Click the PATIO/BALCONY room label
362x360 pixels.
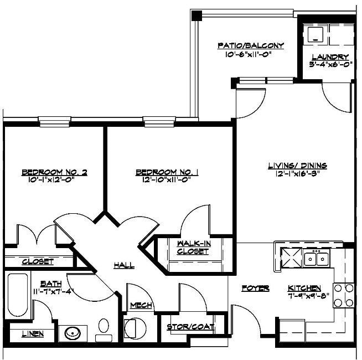tap(251, 45)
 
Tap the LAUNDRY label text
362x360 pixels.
tap(330, 56)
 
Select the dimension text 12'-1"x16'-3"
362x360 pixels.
tap(297, 173)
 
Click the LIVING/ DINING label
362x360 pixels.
tap(297, 165)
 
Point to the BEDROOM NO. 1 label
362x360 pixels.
tap(167, 172)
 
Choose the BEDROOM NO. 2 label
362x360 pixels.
tap(54, 172)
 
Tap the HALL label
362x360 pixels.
tap(124, 265)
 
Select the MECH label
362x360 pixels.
tap(141, 305)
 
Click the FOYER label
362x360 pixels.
tap(256, 289)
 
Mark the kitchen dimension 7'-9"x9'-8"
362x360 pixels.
tap(304, 296)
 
